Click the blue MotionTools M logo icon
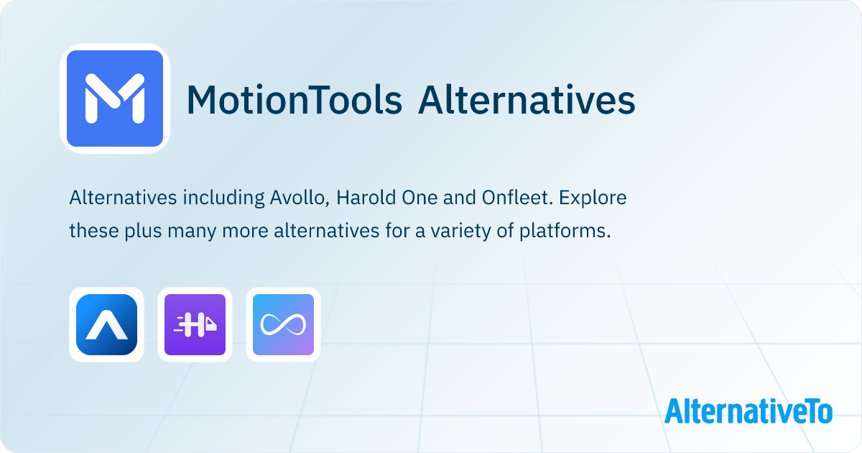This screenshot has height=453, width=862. [115, 99]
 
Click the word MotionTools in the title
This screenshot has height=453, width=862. [295, 100]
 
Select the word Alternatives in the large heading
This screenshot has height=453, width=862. [527, 100]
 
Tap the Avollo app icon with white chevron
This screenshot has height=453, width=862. [106, 324]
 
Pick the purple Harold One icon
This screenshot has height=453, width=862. [195, 324]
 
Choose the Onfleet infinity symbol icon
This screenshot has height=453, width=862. [283, 324]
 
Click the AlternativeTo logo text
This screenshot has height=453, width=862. [749, 411]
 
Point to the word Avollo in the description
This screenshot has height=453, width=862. [300, 198]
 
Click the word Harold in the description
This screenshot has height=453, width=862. [366, 198]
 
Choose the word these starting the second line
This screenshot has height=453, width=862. [94, 231]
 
